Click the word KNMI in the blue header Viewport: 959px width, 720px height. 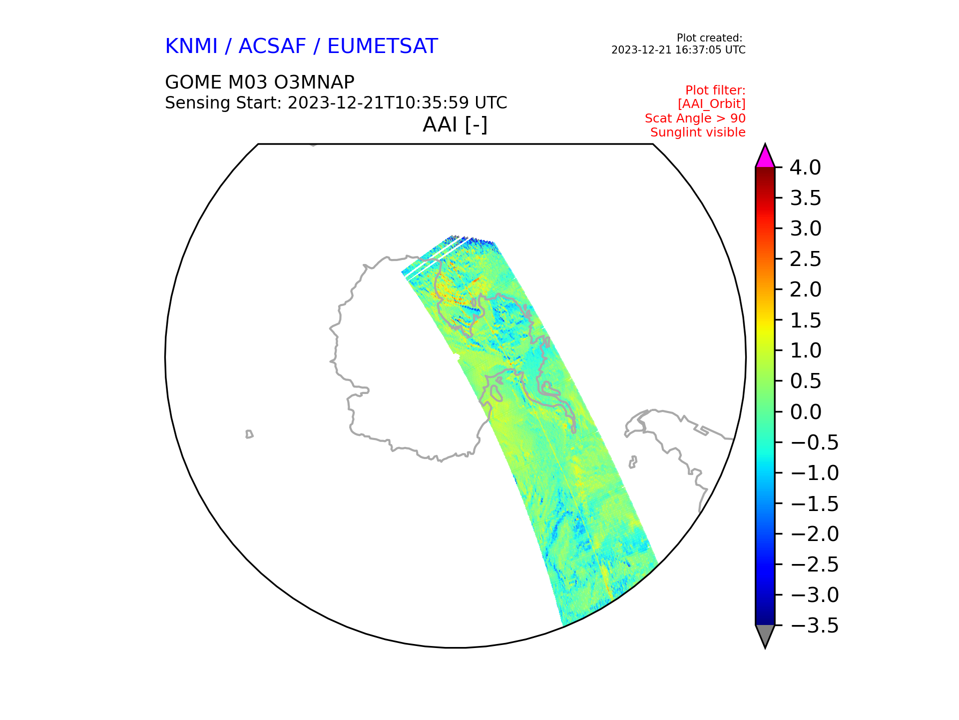[x=191, y=46]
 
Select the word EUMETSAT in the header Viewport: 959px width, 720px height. [x=382, y=46]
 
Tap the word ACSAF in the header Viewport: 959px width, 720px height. [x=272, y=46]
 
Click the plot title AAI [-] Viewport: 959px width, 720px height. [x=455, y=124]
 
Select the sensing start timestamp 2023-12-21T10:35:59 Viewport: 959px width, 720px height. [x=378, y=103]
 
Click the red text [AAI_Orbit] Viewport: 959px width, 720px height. [x=711, y=104]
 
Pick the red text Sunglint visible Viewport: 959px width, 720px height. [x=697, y=132]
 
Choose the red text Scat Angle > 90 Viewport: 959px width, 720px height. [x=695, y=118]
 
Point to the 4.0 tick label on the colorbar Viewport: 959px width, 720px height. [x=805, y=168]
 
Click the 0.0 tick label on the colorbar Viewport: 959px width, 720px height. [x=805, y=412]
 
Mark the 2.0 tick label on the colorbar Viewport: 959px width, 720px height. [x=805, y=290]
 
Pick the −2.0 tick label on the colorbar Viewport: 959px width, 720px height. [x=814, y=534]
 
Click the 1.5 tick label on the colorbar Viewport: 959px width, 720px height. [x=805, y=320]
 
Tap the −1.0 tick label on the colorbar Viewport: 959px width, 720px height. [x=814, y=473]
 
